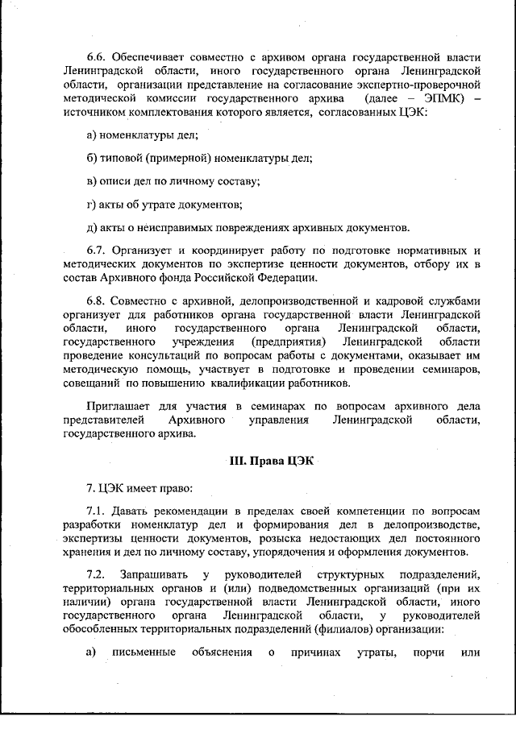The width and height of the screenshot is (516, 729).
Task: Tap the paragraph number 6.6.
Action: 98,57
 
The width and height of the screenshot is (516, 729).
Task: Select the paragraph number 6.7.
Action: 97,250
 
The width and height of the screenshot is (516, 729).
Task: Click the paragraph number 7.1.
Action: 97,512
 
